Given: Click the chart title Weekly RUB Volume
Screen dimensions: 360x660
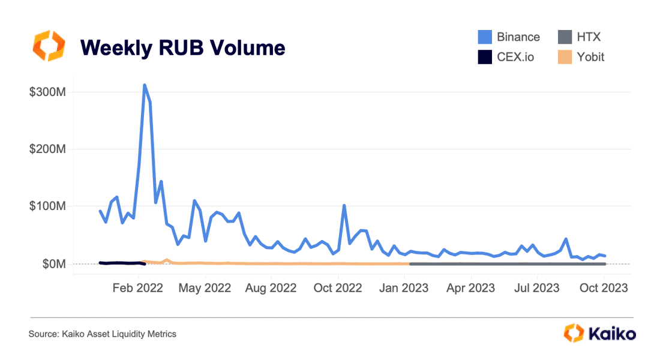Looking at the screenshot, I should (x=182, y=47).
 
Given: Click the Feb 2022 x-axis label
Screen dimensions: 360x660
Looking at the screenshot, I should (x=139, y=288).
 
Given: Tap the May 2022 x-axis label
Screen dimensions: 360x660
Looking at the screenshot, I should (x=205, y=288).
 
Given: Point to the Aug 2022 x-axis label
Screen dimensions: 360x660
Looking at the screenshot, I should (x=271, y=288).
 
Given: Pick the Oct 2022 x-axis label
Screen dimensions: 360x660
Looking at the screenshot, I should (x=338, y=288).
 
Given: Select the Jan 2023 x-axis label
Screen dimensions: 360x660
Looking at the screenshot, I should (x=404, y=288).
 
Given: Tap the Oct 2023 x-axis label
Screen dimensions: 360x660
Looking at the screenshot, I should (x=604, y=288).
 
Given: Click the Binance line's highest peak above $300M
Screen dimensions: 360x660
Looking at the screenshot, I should (x=145, y=85).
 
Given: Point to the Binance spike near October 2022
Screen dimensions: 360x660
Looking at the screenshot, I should (x=344, y=205).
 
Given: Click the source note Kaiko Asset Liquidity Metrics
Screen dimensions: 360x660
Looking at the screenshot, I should (x=103, y=334).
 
